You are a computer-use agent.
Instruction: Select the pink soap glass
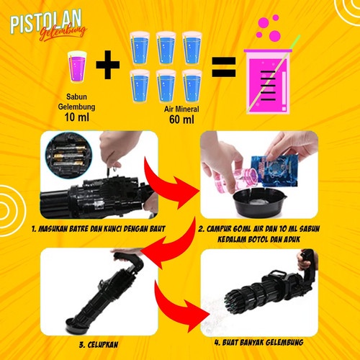click(x=76, y=67)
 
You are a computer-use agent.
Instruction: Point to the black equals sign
click(x=223, y=71)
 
